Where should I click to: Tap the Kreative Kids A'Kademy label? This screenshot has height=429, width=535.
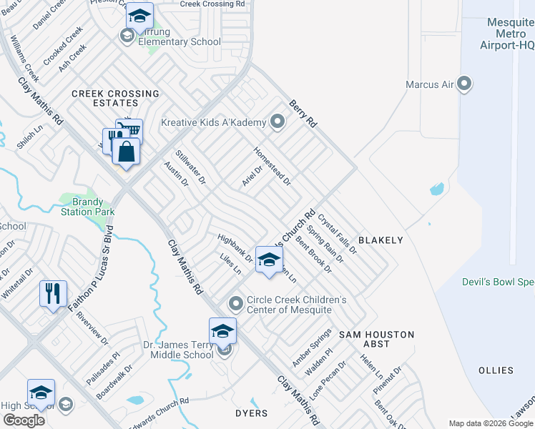[214, 122]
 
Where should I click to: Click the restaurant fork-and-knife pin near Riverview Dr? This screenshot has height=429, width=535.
[54, 293]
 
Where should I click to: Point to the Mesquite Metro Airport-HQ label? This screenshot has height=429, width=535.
[510, 34]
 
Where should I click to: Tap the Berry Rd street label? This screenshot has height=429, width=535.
[303, 114]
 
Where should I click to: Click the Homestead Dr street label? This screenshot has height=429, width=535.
[272, 166]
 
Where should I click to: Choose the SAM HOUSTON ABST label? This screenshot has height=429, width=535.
[376, 339]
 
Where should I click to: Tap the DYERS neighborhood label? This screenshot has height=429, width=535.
[251, 413]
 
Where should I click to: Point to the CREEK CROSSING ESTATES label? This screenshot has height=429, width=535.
[115, 99]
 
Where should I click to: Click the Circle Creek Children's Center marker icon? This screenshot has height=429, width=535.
[236, 305]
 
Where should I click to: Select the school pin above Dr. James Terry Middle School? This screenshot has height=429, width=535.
[222, 331]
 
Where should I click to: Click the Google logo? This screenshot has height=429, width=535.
[24, 420]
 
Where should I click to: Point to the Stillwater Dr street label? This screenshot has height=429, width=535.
[192, 167]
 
